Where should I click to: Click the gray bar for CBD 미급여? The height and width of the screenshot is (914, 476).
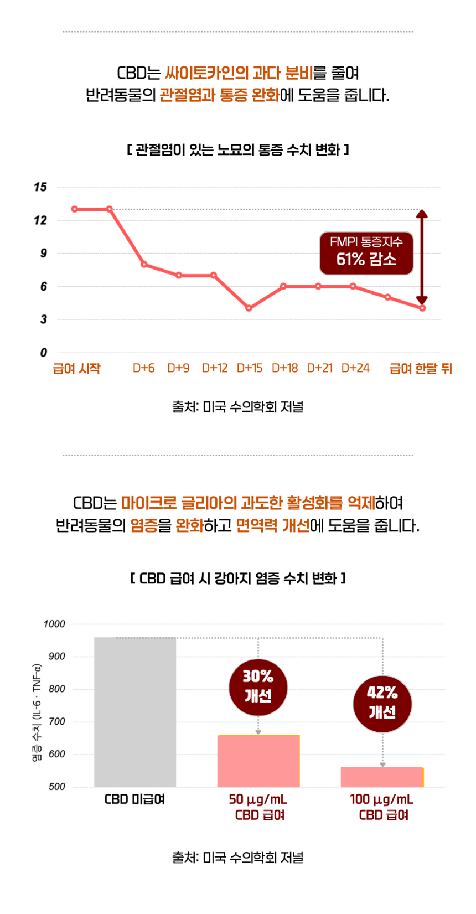coord(135,712)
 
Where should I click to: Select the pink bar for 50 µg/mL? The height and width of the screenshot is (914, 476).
coord(258,761)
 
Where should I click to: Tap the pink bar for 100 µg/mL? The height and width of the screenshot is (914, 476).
coord(382,777)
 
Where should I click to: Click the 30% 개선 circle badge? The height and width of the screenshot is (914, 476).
coord(258,687)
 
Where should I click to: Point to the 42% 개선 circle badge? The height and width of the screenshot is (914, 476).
coord(382,703)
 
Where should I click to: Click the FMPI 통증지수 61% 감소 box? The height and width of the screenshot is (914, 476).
coord(366,253)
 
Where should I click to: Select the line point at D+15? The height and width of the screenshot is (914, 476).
coord(249,308)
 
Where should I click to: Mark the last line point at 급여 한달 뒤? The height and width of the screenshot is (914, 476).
coord(422,308)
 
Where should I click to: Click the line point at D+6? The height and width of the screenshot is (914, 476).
coord(144,265)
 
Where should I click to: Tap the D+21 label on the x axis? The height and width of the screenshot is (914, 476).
coord(319,368)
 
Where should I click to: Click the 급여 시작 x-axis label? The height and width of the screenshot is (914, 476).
coord(76,369)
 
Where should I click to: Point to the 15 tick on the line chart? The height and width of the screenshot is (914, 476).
coord(40,187)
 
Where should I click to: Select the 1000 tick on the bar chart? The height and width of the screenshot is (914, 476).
coord(54,624)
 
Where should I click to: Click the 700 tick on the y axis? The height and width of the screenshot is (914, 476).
coord(56,722)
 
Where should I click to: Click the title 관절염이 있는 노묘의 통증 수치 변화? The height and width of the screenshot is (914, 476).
coord(237,149)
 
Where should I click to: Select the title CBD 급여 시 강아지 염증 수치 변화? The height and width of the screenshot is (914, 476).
coord(237,579)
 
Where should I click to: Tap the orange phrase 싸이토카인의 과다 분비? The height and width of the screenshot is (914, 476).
coord(239,73)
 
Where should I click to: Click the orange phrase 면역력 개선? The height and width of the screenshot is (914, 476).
coord(273,525)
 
